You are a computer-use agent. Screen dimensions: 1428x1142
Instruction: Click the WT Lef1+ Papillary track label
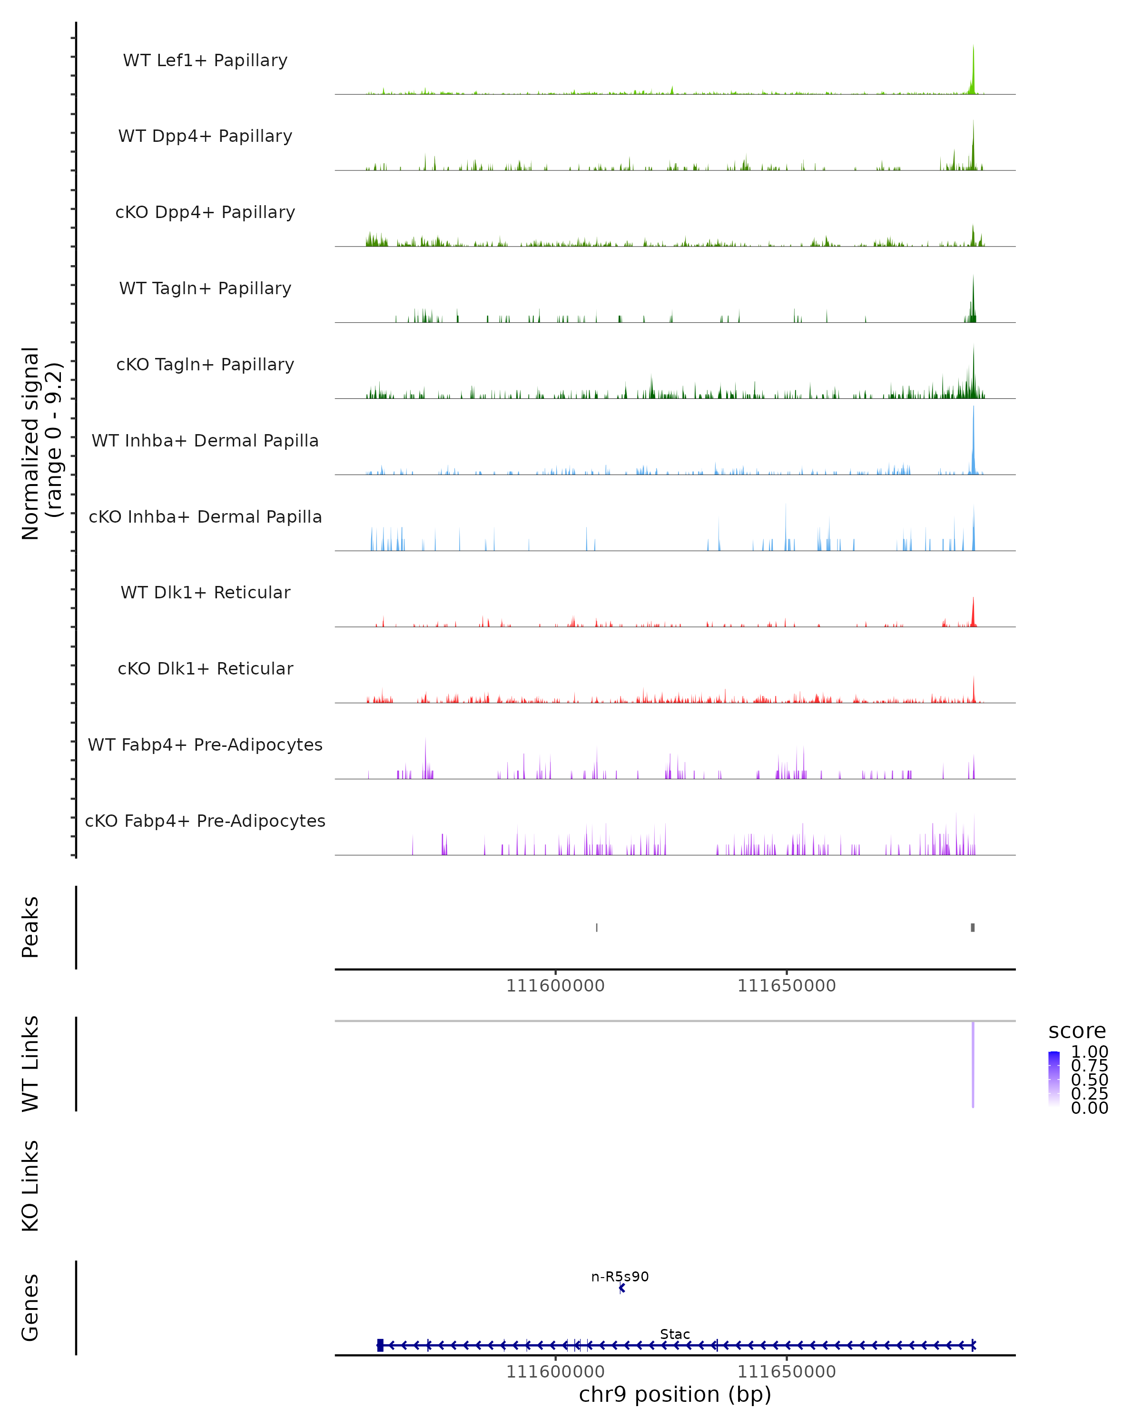205,60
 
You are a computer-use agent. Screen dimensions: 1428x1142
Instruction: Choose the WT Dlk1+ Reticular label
205,592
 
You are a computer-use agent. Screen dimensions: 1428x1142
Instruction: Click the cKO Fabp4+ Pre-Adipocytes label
205,821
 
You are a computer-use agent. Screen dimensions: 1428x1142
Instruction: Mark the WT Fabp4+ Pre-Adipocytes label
205,744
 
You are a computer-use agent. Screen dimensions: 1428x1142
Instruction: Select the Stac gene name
675,1334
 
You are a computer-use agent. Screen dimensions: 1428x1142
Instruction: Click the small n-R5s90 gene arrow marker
621,1288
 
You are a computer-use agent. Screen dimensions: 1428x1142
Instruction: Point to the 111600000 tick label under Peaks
555,986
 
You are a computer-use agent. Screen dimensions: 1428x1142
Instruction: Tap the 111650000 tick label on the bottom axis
787,1372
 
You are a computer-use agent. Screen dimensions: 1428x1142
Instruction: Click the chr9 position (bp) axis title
675,1395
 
